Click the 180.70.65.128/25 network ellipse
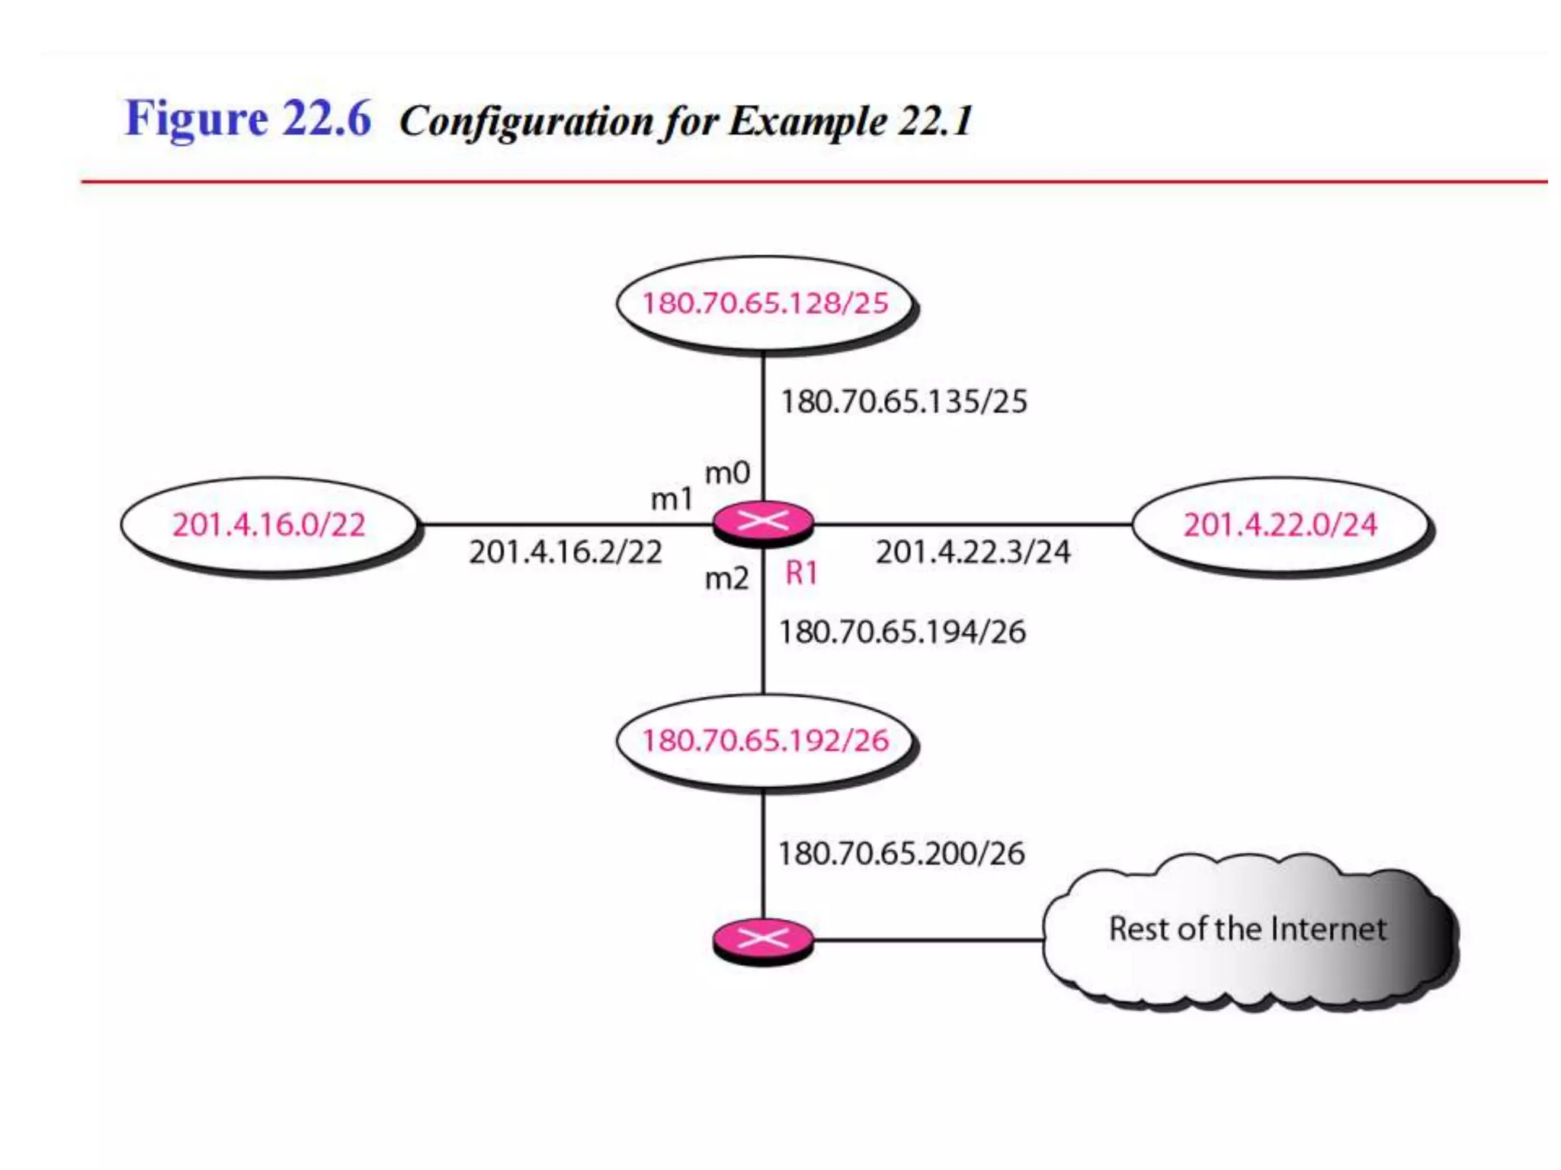pos(764,303)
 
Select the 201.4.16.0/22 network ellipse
pos(268,524)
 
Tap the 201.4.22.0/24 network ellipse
pos(1281,524)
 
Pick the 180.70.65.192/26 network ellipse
pos(764,740)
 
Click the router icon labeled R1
pos(763,523)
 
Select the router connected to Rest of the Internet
pos(763,939)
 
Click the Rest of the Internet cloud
pos(1247,930)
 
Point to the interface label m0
pos(727,473)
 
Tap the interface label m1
pos(672,500)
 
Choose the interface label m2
pos(726,579)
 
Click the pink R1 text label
pos(801,573)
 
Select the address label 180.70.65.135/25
pos(904,401)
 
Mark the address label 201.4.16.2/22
pos(566,552)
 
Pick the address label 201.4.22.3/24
pos(973,552)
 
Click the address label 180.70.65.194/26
pos(902,632)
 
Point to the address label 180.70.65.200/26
pos(901,853)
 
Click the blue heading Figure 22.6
pos(248,119)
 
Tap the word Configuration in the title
pos(526,121)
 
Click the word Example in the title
pos(806,121)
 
